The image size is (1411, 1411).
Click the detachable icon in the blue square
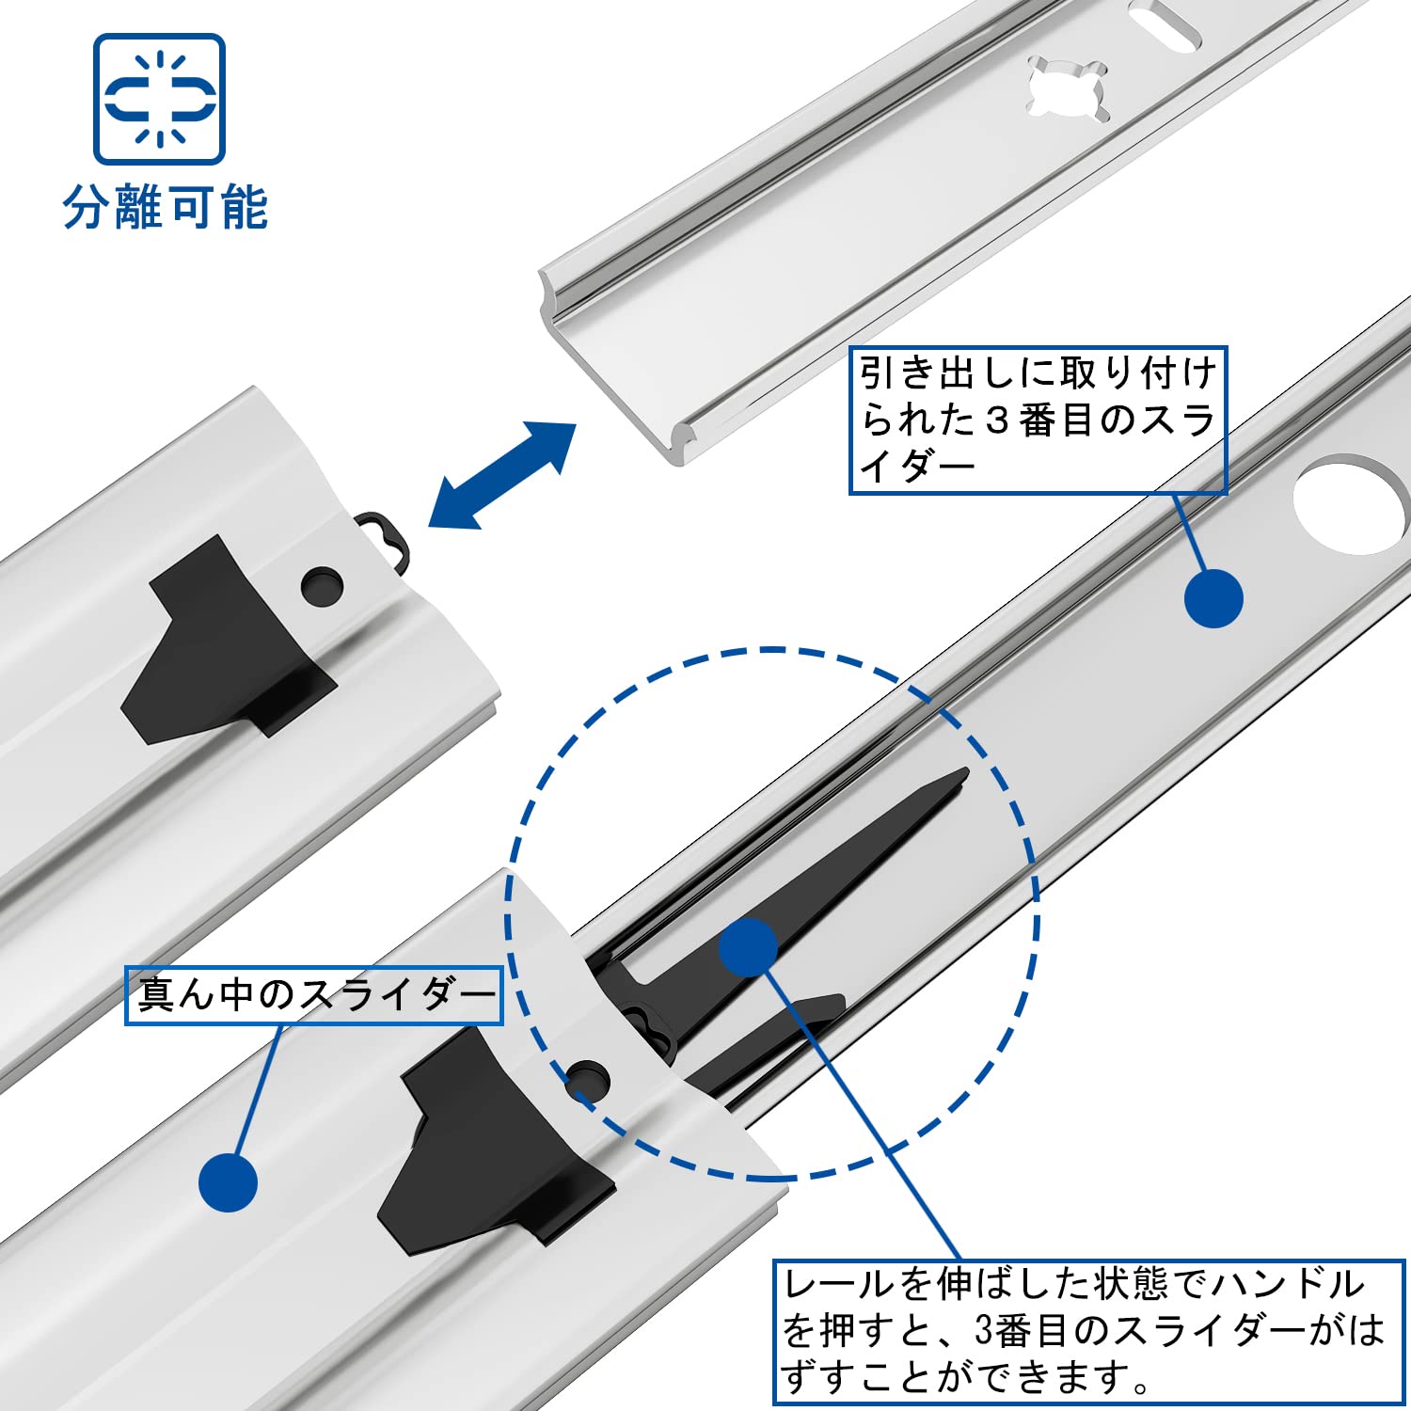pyautogui.click(x=159, y=99)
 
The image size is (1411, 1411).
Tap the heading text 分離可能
pyautogui.click(x=166, y=208)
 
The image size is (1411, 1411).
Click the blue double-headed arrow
pyautogui.click(x=501, y=475)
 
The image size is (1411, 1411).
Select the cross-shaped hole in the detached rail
pyautogui.click(x=1068, y=90)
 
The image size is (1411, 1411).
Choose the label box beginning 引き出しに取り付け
pyautogui.click(x=1038, y=420)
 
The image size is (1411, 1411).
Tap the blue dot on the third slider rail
pyautogui.click(x=1213, y=598)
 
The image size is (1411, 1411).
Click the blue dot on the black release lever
pyautogui.click(x=748, y=947)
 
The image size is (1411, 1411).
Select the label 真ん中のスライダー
pyautogui.click(x=314, y=995)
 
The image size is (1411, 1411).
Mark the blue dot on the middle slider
pyautogui.click(x=229, y=1182)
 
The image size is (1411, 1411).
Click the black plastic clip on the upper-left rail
pyautogui.click(x=226, y=639)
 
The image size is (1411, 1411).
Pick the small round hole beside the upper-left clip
pyautogui.click(x=322, y=585)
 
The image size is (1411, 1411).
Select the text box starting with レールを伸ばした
pyautogui.click(x=1087, y=1332)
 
